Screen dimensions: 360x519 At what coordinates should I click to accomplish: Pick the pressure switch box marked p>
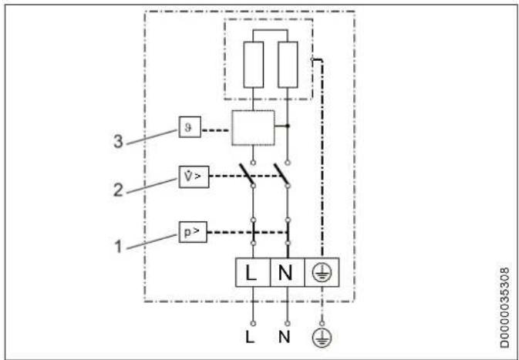190,232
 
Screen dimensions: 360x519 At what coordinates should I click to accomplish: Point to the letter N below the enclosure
287,338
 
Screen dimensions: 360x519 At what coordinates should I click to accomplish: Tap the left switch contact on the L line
248,175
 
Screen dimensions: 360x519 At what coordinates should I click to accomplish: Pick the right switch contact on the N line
281,175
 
